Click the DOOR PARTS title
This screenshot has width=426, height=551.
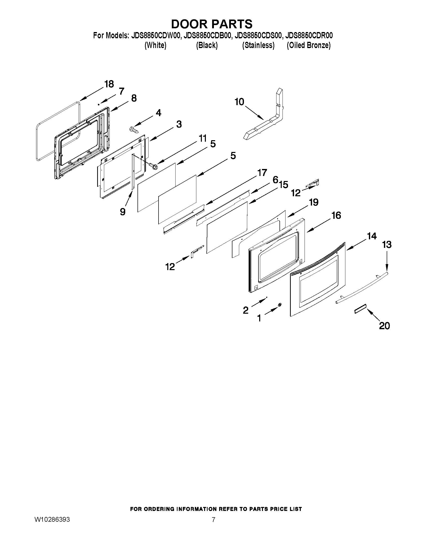(x=211, y=24)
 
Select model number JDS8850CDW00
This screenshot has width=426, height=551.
(x=156, y=36)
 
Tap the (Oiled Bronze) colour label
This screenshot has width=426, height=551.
(x=308, y=45)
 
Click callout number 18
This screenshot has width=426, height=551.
(x=109, y=84)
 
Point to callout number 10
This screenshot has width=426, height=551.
(x=239, y=102)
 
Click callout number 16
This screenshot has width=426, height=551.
(x=336, y=216)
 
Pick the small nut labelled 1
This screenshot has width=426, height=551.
(x=280, y=305)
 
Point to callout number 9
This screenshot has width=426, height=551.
(x=123, y=212)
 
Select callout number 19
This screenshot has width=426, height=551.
(x=314, y=202)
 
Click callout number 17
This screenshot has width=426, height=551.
(x=262, y=173)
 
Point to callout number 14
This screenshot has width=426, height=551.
(x=371, y=236)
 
